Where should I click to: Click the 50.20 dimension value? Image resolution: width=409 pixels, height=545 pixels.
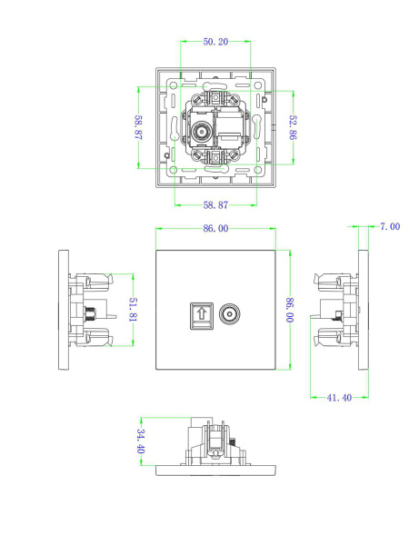215,42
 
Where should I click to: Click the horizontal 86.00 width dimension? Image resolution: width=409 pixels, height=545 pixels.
215,229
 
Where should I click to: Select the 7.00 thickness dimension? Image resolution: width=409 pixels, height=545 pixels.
389,226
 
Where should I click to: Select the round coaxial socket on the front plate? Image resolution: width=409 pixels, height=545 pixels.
228,314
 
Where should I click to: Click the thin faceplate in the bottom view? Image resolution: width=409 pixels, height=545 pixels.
215,471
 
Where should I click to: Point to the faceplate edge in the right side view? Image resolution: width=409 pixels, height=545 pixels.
363,310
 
